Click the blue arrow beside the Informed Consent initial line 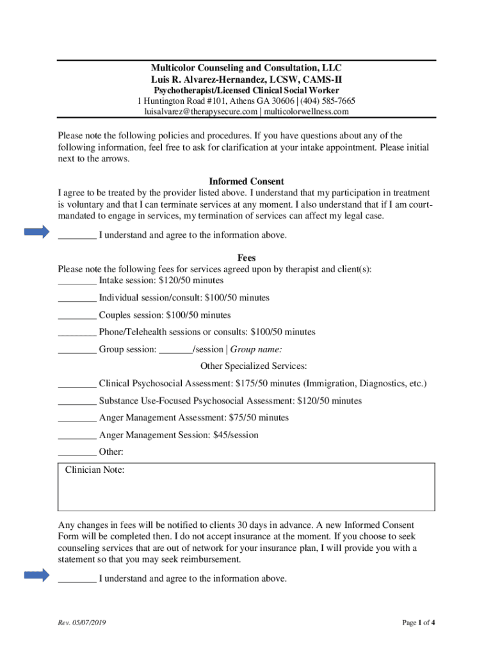coord(36,233)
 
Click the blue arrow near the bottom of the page coord(36,576)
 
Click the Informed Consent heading coord(247,182)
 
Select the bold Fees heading coord(247,258)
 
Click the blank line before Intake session coord(77,282)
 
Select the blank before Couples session coord(77,316)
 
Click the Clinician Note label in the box coord(95,471)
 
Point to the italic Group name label coord(256,350)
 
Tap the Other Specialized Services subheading coord(254,366)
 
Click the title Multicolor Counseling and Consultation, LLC coord(247,68)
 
